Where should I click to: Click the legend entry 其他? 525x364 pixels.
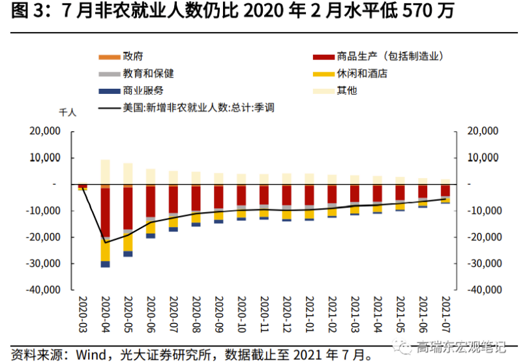[x=347, y=91]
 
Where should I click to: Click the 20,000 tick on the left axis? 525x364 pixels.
[x=46, y=132]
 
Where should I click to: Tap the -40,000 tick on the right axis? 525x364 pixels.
[x=482, y=290]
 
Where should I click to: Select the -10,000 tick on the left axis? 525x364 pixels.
[x=45, y=211]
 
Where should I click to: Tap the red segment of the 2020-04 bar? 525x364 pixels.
[x=105, y=212]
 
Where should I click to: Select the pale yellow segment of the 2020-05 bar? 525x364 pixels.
[x=128, y=174]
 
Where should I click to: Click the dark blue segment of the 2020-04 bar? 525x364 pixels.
[x=105, y=264]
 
